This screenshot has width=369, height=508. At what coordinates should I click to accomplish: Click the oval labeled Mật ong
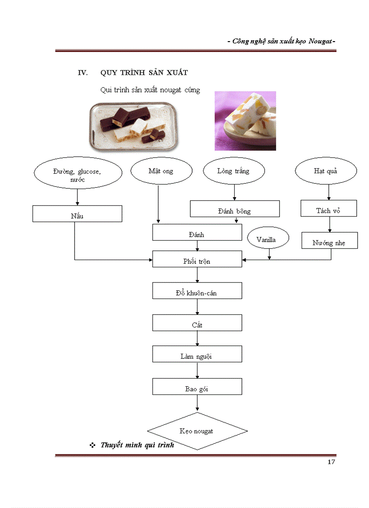tap(161, 171)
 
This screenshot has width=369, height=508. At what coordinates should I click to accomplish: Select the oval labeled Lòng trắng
tap(233, 171)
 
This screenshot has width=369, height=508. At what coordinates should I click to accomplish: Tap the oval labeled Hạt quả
tap(326, 171)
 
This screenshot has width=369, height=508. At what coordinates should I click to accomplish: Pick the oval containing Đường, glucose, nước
tap(77, 175)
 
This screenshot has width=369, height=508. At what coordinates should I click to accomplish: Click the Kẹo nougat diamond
tap(197, 431)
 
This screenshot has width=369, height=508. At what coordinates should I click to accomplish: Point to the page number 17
tap(331, 462)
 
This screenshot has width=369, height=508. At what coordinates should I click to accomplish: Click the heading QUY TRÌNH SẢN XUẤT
tap(144, 73)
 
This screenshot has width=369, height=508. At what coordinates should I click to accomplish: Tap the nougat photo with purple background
tap(245, 121)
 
